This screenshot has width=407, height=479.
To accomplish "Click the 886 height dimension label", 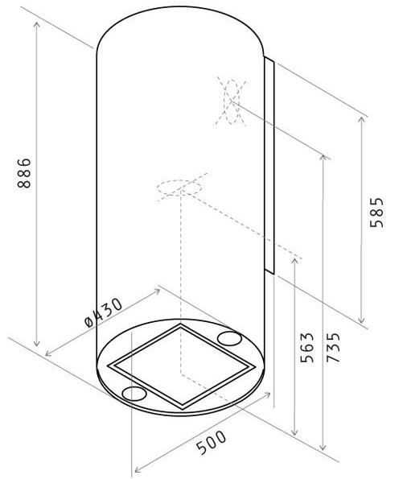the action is coord(24,173).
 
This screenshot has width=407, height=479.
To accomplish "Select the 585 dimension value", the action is coord(376,213).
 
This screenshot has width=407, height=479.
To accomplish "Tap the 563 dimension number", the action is coord(307,347).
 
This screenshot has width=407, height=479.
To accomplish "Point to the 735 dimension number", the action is coord(333,347).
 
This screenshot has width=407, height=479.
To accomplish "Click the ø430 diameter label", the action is coord(103,313).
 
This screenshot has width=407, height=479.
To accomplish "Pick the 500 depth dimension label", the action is coord(211,442).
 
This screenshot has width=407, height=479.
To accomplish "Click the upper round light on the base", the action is coord(229,338).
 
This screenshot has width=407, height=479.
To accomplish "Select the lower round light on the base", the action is coord(134,394).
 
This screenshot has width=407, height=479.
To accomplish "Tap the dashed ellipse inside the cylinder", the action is coord(179,187).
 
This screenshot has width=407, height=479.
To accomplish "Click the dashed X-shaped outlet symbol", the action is coord(231,101).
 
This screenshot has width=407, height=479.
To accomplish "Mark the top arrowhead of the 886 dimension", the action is coord(37,24).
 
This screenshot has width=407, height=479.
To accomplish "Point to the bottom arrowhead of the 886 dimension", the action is coord(37,344).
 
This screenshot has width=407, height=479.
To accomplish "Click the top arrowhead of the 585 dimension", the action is coord(361,120).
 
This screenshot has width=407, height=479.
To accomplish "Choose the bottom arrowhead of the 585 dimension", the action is coord(361,320).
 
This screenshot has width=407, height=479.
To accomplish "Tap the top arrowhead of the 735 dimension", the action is coord(323,158).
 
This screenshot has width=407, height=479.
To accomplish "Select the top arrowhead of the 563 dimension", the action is coord(294,260).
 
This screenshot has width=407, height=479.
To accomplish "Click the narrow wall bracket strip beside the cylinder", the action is coord(269,165).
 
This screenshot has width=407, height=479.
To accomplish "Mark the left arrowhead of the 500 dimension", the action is coord(138,469).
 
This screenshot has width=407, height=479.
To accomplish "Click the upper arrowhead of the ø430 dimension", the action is coord(157,291).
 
